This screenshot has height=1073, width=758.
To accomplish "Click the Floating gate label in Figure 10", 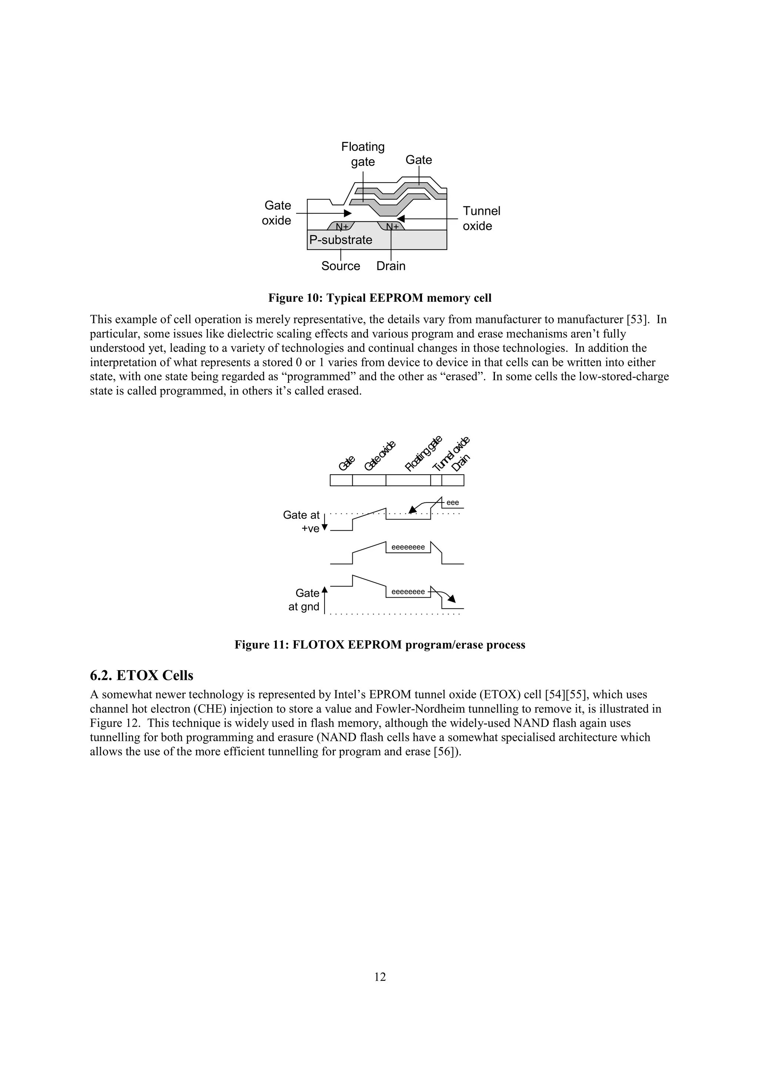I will pyautogui.click(x=363, y=154).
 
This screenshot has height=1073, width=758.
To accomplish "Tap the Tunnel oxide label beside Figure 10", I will pyautogui.click(x=481, y=218).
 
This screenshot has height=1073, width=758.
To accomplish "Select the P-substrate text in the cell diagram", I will pyautogui.click(x=341, y=240).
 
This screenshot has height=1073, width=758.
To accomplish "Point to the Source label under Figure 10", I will pyautogui.click(x=341, y=266).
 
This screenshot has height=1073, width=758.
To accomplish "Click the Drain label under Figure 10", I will pyautogui.click(x=391, y=266).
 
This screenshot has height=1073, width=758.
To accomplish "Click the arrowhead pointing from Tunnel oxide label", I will pyautogui.click(x=400, y=218).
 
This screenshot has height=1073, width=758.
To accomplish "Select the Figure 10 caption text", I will pyautogui.click(x=379, y=298).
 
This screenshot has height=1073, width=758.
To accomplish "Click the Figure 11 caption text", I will pyautogui.click(x=379, y=645).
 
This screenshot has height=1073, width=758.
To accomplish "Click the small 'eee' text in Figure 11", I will pyautogui.click(x=453, y=502).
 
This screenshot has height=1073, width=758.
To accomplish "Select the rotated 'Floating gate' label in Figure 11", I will pyautogui.click(x=423, y=453).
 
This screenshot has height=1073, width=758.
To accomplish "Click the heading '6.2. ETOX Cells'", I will pyautogui.click(x=141, y=675).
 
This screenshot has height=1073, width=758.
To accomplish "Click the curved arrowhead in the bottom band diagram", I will pyautogui.click(x=452, y=599).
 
